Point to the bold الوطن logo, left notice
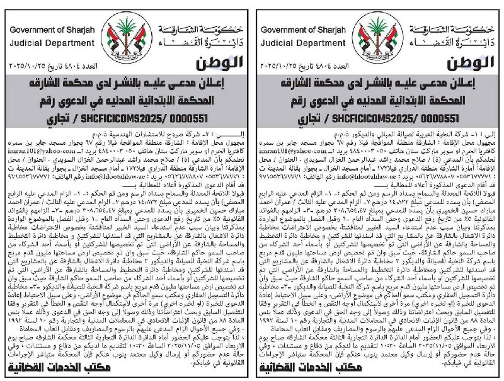217,64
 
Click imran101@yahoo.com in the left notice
39,151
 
